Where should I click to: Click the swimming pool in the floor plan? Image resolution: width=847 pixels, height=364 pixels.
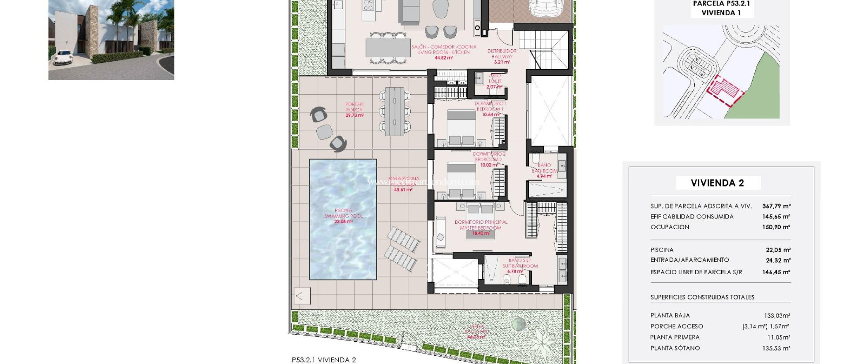(343, 219)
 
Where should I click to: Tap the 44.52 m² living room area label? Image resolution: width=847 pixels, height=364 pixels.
(443, 58)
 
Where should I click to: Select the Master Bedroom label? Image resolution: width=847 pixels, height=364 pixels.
(481, 225)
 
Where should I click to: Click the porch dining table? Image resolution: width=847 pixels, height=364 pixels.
(395, 111)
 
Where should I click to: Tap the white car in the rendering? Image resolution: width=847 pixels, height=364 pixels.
(63, 57)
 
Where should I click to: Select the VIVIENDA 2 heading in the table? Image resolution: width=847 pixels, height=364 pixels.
(718, 183)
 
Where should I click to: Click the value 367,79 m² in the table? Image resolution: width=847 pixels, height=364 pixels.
(776, 206)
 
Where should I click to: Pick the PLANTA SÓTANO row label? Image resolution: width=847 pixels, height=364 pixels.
(675, 348)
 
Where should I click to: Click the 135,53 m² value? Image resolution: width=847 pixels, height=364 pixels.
(776, 348)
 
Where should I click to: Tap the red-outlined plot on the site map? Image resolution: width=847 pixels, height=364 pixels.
(724, 89)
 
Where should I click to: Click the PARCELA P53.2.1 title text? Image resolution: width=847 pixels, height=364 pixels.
(721, 4)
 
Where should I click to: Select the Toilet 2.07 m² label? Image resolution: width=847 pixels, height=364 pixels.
(495, 81)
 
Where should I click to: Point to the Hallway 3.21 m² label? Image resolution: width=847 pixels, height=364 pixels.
(502, 57)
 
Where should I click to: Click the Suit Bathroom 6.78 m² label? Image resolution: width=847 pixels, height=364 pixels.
(519, 266)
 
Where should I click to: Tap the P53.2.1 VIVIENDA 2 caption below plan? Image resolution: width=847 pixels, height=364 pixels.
(323, 360)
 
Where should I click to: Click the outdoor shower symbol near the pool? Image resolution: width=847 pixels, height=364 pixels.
(301, 295)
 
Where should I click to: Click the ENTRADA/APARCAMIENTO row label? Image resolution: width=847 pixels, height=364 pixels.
(689, 260)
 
